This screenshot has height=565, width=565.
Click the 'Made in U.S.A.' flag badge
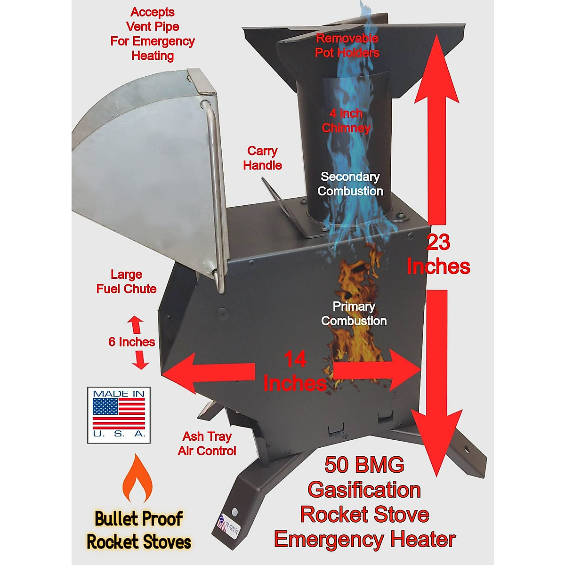[x=119, y=415]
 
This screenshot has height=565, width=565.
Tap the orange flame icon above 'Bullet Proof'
[x=137, y=479]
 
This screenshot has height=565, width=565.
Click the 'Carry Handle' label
[x=262, y=158]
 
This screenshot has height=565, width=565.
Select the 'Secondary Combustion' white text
[x=350, y=184]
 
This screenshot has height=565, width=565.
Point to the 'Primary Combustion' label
[x=354, y=314]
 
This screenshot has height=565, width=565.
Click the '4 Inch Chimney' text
[x=346, y=121]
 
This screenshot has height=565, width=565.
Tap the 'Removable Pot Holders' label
[x=347, y=45]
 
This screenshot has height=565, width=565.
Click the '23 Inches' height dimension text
[x=438, y=254]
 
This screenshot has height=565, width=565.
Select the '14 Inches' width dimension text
[x=295, y=372]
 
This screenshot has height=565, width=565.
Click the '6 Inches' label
[x=131, y=342]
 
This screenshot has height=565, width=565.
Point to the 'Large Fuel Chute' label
[x=126, y=282]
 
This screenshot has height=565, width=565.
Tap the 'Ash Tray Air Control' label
[x=207, y=444]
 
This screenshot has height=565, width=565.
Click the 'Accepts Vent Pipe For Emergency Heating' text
[x=153, y=34]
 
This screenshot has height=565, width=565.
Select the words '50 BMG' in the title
[x=364, y=465]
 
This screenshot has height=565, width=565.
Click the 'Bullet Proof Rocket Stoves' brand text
[x=138, y=530]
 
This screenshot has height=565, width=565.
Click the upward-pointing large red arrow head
[x=436, y=71]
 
